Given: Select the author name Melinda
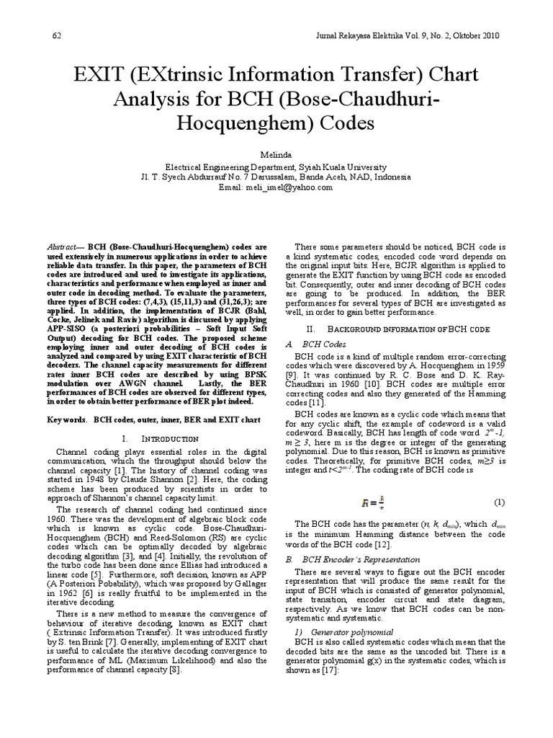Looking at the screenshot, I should pos(276,154).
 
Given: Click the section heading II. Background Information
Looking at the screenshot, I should pos(389,327).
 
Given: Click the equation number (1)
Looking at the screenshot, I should pos(498,501).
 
